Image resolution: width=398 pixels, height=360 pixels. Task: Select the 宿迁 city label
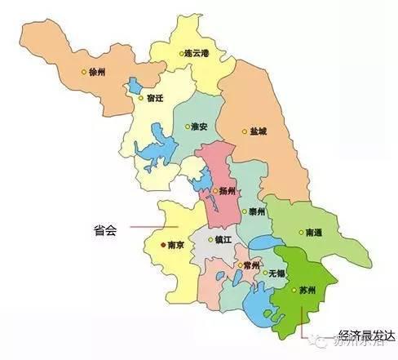tap(157, 98)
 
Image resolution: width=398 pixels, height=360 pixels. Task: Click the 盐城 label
tap(260, 131)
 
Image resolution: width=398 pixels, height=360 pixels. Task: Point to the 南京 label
tap(177, 244)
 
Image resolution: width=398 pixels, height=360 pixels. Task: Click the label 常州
tap(251, 266)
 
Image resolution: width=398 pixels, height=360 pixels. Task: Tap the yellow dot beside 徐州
tap(83, 72)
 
